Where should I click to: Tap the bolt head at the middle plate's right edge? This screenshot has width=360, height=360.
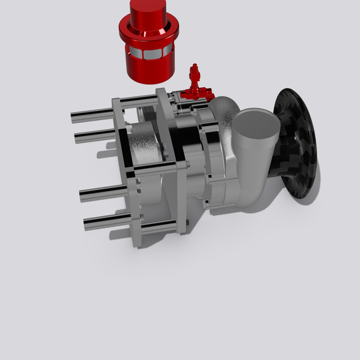click(187, 165)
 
